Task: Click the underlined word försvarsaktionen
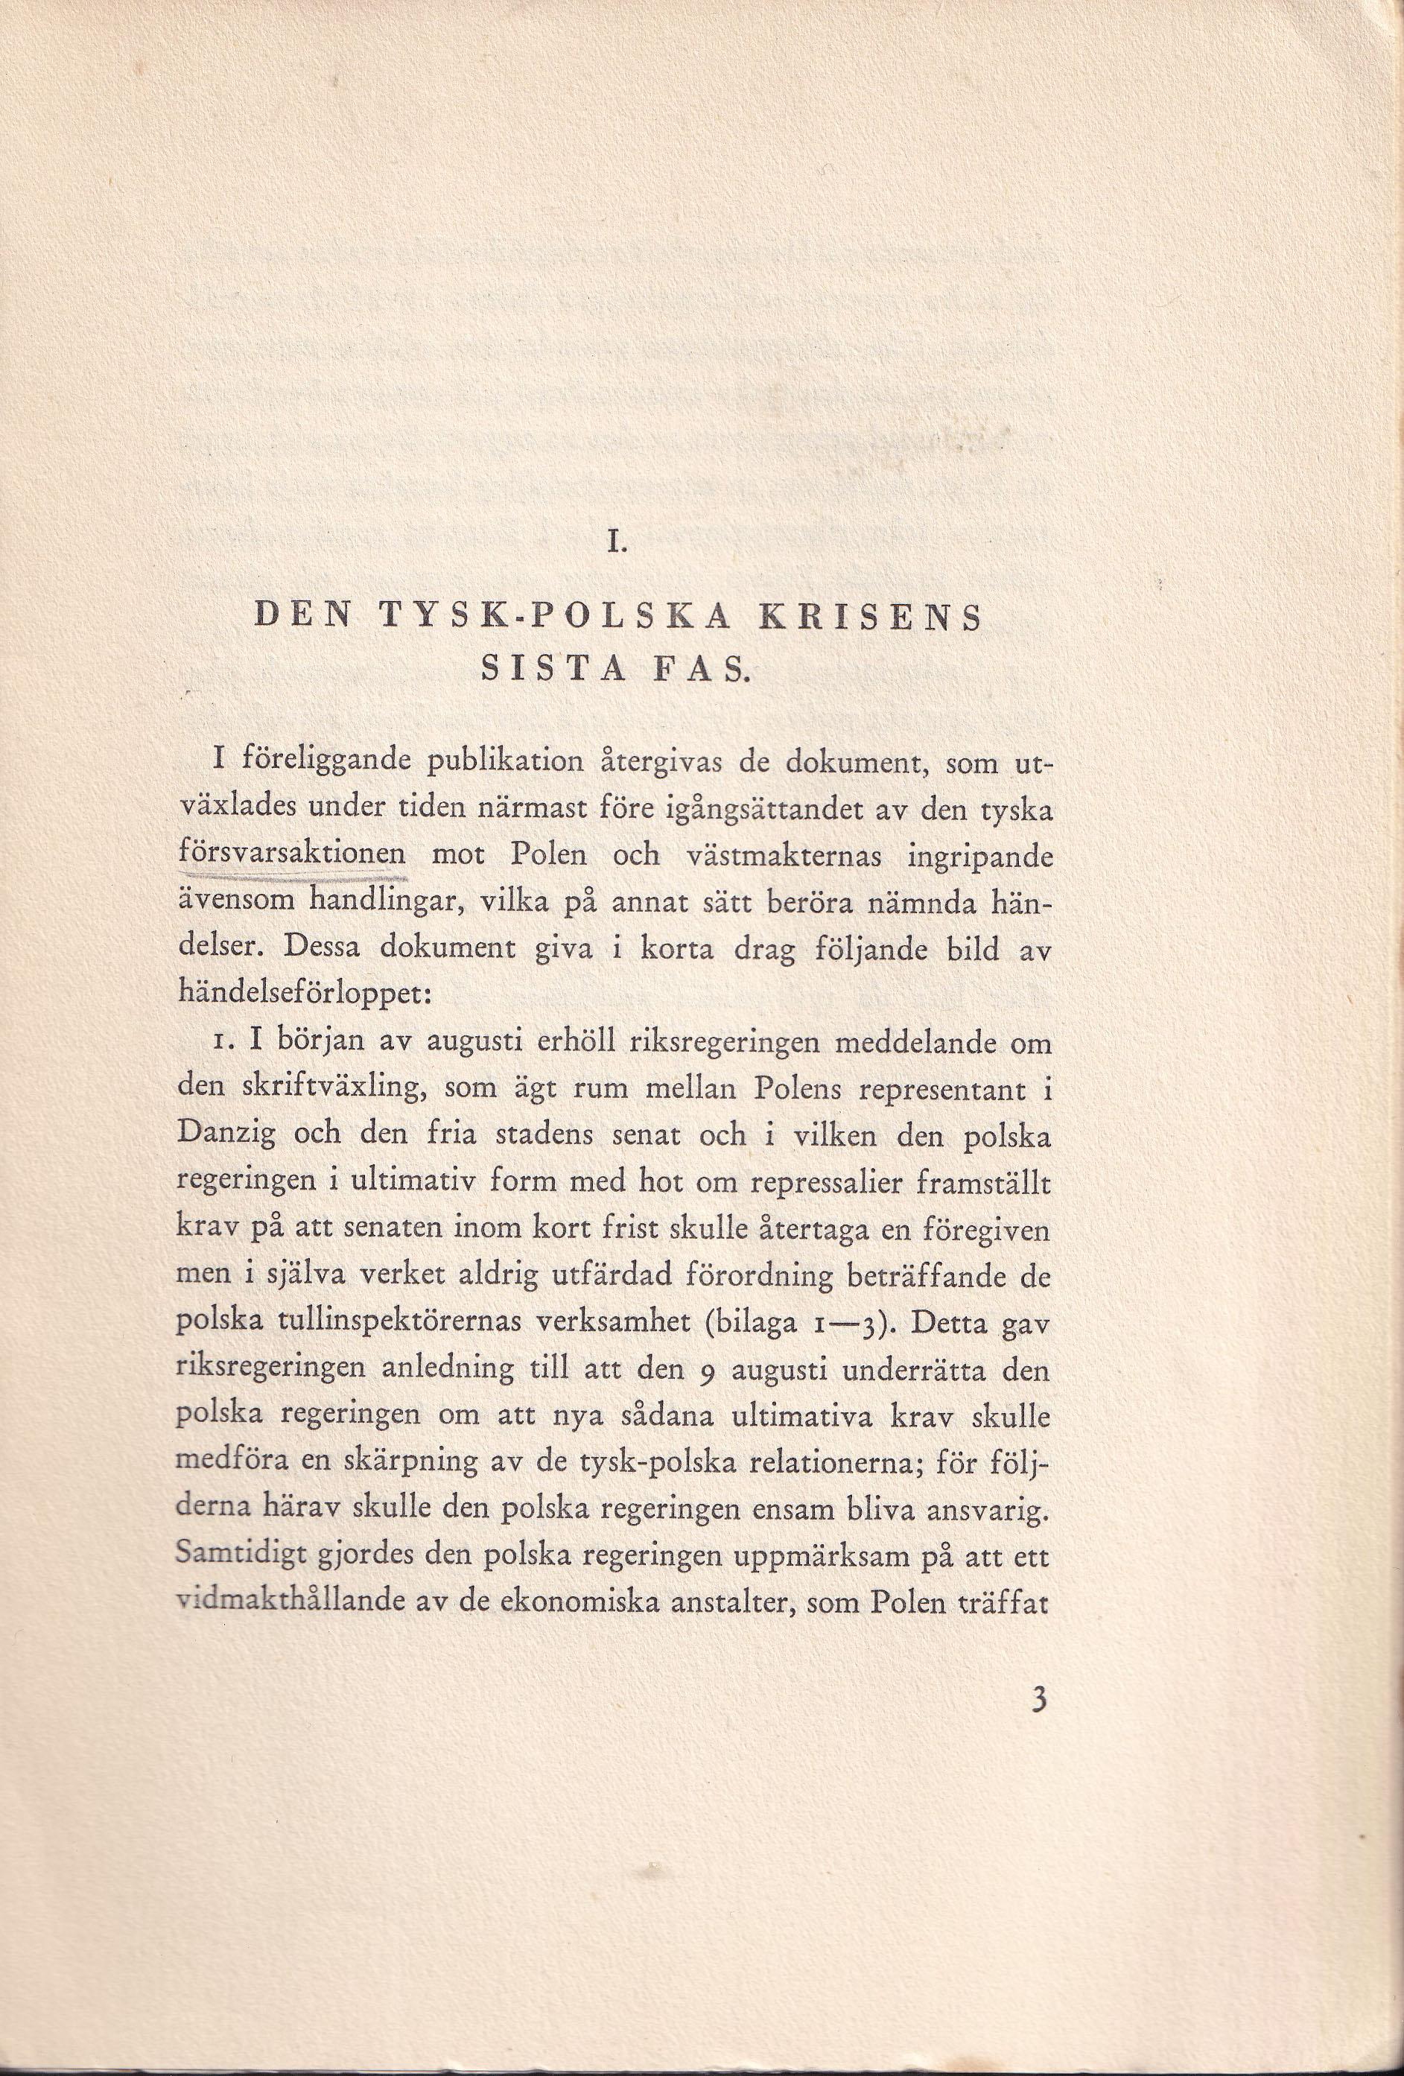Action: coord(292,855)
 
